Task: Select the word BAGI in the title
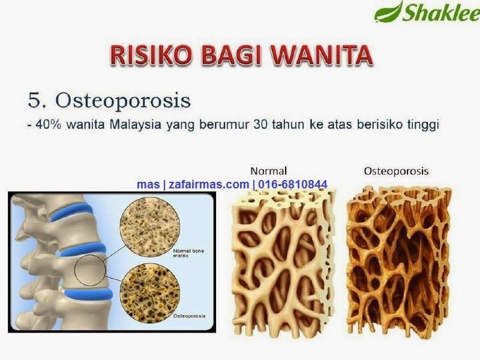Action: (x=240, y=55)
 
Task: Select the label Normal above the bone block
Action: (x=268, y=171)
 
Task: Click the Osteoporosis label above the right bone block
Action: (x=396, y=171)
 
